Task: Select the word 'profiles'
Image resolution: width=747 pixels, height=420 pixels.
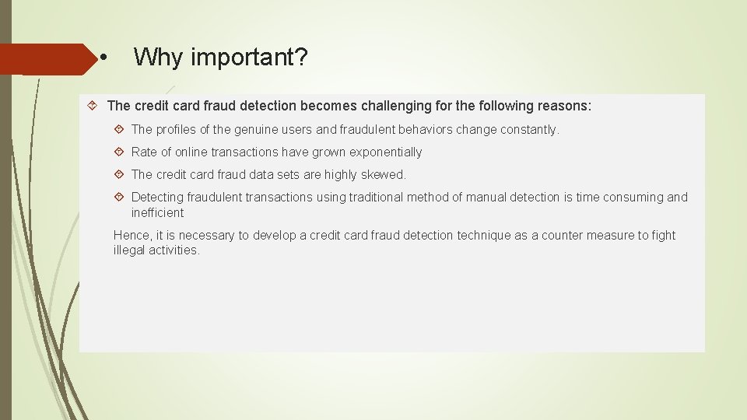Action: pyautogui.click(x=180, y=130)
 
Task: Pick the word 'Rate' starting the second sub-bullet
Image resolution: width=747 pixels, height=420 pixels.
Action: pyautogui.click(x=144, y=152)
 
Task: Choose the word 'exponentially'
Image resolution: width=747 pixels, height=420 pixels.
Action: pyautogui.click(x=384, y=152)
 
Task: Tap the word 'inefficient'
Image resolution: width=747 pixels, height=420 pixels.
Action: pyautogui.click(x=157, y=213)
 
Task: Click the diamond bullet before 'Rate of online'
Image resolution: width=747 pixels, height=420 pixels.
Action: pyautogui.click(x=120, y=152)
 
